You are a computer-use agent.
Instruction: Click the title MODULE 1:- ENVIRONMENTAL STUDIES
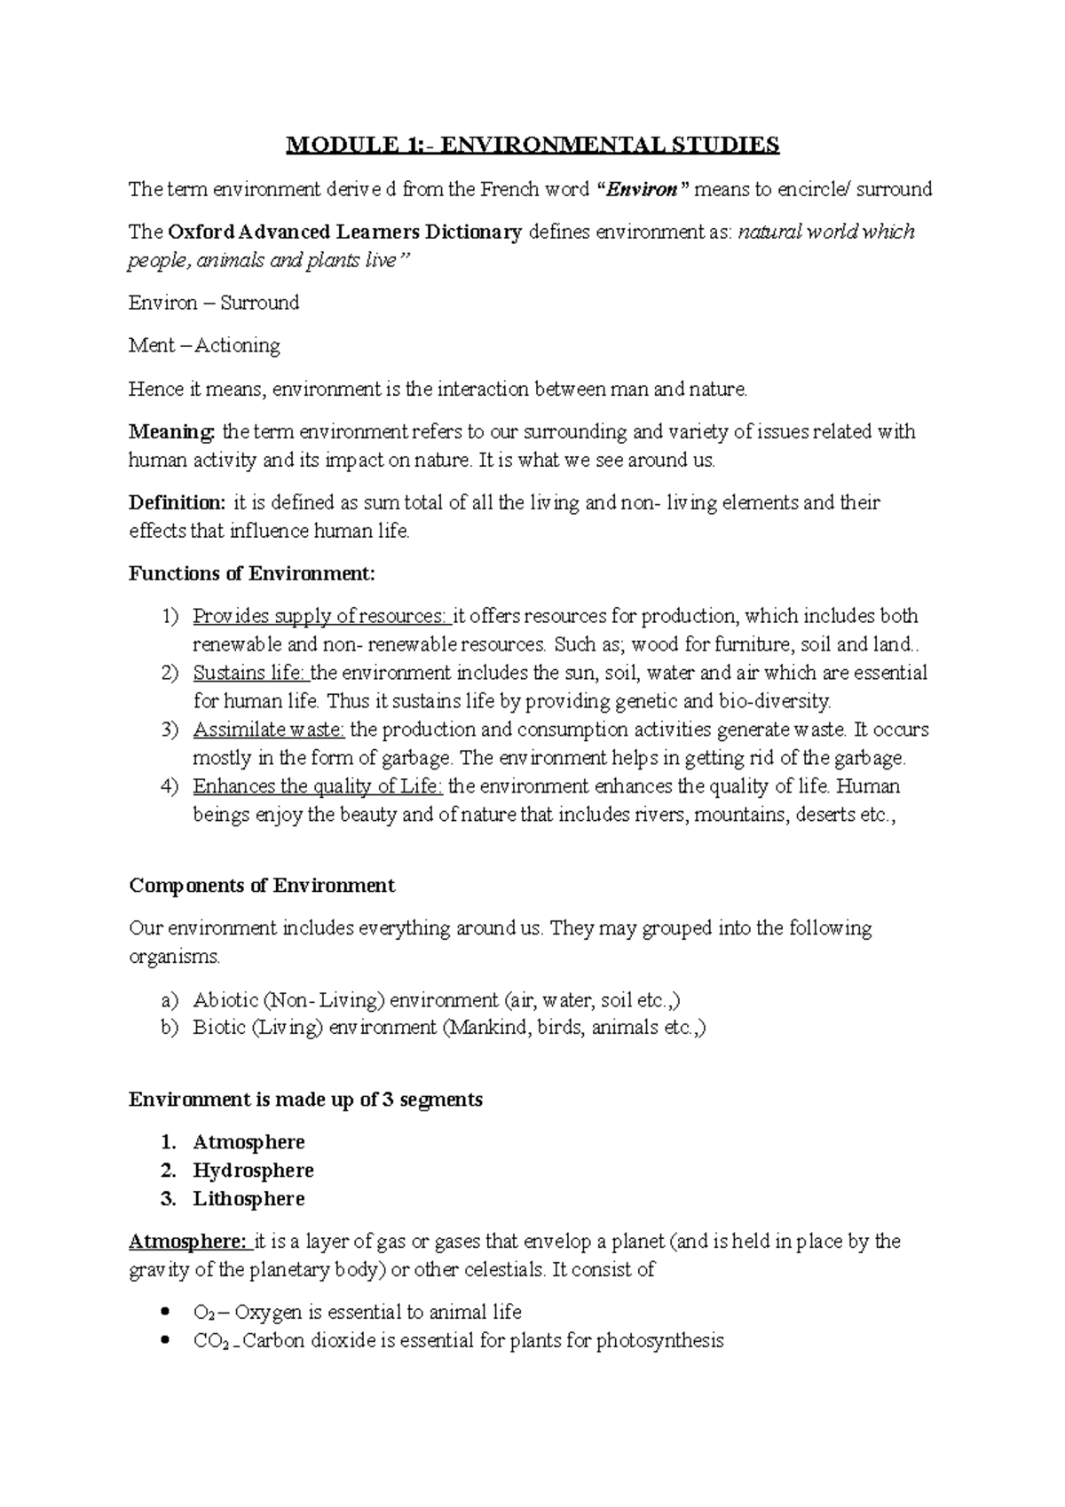532,145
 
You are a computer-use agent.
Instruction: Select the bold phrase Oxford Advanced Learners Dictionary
344,233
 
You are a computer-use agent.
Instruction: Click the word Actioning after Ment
237,345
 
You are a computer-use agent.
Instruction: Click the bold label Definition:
177,503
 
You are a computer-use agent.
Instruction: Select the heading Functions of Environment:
252,573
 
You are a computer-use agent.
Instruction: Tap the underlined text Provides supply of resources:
321,616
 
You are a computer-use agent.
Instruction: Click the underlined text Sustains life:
249,673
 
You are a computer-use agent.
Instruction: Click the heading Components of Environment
262,886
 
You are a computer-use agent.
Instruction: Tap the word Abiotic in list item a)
225,1000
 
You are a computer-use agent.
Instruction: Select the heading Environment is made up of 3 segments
305,1100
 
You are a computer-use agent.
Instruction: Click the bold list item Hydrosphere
253,1171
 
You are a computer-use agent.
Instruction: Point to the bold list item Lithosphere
248,1199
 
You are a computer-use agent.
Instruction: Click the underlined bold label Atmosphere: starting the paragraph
188,1241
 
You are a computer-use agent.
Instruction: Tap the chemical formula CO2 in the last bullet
210,1341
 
